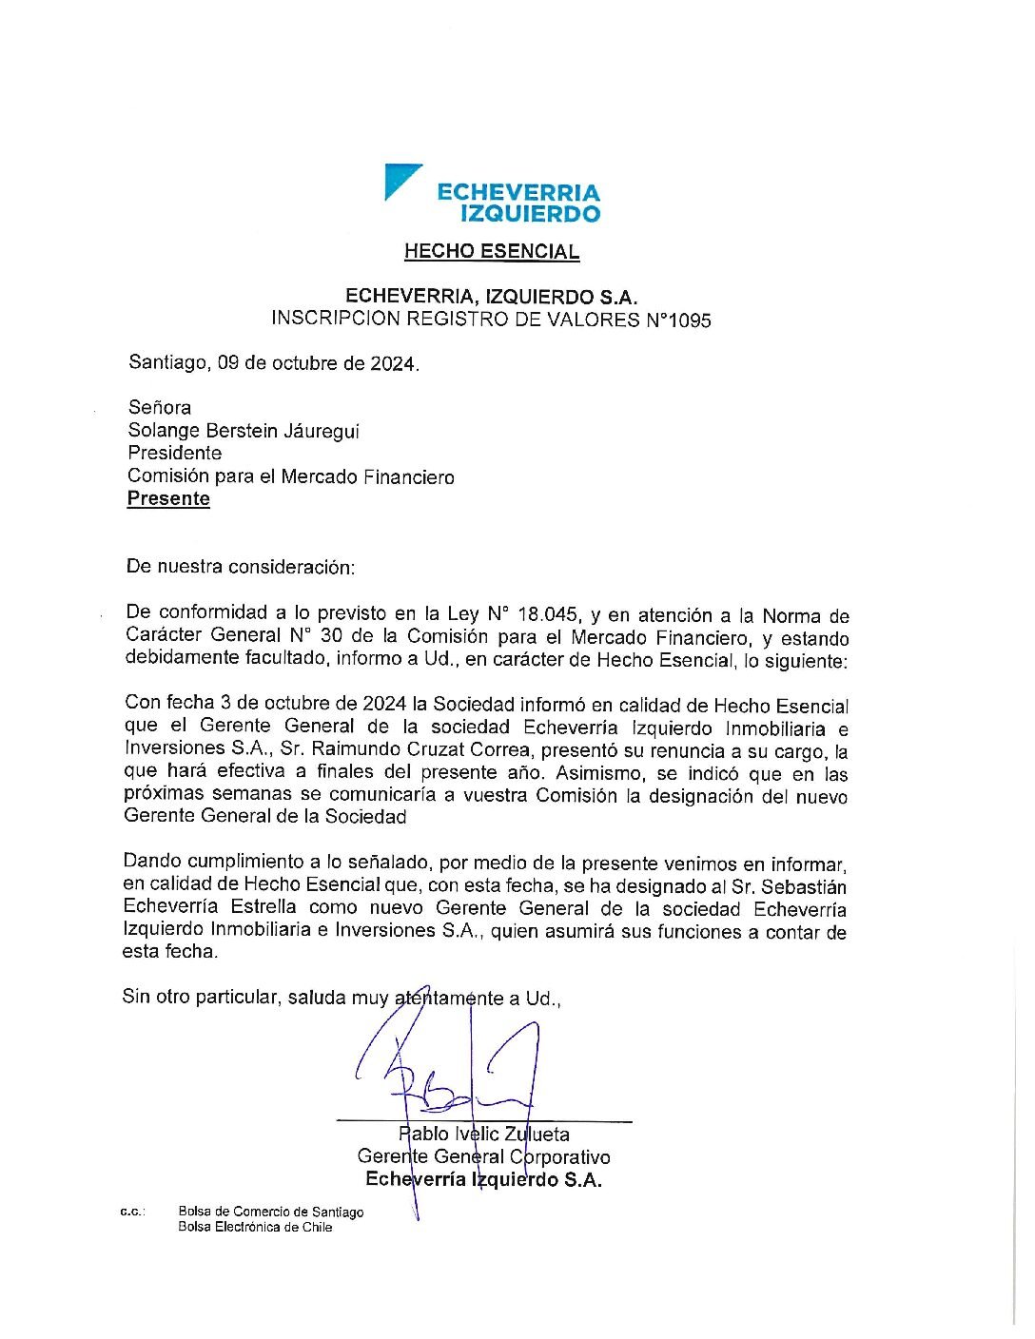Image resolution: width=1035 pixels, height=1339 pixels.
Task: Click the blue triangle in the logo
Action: (399, 179)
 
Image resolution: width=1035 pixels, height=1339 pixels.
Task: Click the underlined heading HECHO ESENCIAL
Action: (491, 251)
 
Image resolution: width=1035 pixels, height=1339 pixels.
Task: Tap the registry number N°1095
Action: (678, 320)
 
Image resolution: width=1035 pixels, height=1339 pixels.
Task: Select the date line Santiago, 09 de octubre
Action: (273, 362)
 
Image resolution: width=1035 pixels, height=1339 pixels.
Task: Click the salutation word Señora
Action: (160, 407)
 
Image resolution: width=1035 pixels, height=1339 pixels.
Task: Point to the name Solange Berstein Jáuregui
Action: (244, 431)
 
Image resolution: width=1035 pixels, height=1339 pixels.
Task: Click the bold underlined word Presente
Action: (168, 499)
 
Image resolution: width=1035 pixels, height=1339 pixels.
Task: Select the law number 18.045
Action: (546, 614)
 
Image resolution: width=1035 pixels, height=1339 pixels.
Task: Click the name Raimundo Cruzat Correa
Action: (419, 750)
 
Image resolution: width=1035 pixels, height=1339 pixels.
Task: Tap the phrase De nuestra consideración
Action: (240, 567)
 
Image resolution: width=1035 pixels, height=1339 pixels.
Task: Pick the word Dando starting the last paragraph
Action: (152, 862)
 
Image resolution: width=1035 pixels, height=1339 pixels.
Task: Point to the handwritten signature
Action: (447, 1060)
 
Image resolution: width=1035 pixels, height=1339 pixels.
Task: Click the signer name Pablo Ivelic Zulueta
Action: (484, 1134)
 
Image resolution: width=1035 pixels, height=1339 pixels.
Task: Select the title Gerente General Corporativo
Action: (483, 1156)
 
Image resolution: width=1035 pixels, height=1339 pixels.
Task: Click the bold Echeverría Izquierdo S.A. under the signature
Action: (483, 1179)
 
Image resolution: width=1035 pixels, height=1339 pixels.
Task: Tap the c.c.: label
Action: (131, 1212)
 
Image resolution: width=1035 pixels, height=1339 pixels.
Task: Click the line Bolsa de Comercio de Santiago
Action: (270, 1212)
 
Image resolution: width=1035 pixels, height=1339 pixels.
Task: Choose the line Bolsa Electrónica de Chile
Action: (255, 1227)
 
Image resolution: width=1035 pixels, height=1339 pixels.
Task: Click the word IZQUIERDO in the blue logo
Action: (530, 213)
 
